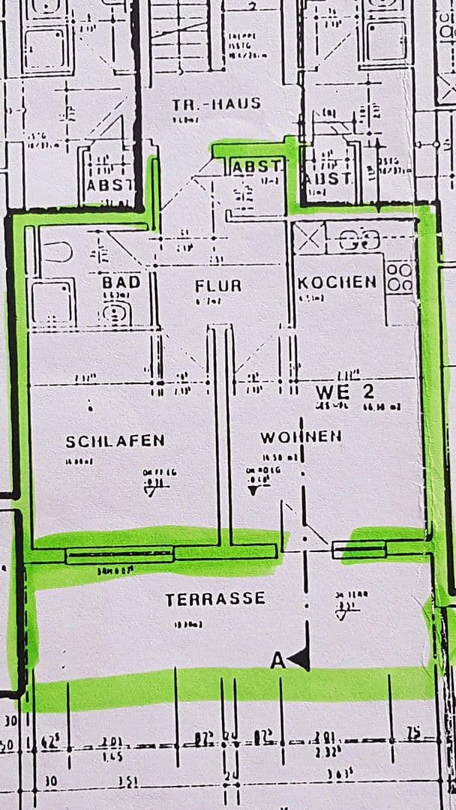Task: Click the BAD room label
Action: pos(121,283)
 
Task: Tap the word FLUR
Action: pos(218,286)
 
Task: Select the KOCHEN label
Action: pos(337,283)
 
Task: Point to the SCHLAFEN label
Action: pos(115,441)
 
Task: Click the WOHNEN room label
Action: pos(301,436)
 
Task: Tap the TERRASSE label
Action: pos(215,599)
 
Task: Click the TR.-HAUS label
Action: pos(216,103)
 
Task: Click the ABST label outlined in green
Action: pos(256,166)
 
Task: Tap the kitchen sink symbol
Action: pos(358,241)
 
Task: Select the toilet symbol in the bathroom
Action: pos(117,313)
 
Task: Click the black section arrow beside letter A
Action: pos(300,660)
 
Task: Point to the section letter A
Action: pos(277,661)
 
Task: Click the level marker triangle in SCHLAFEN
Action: pos(156,491)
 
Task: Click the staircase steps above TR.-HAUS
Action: pos(180,37)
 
